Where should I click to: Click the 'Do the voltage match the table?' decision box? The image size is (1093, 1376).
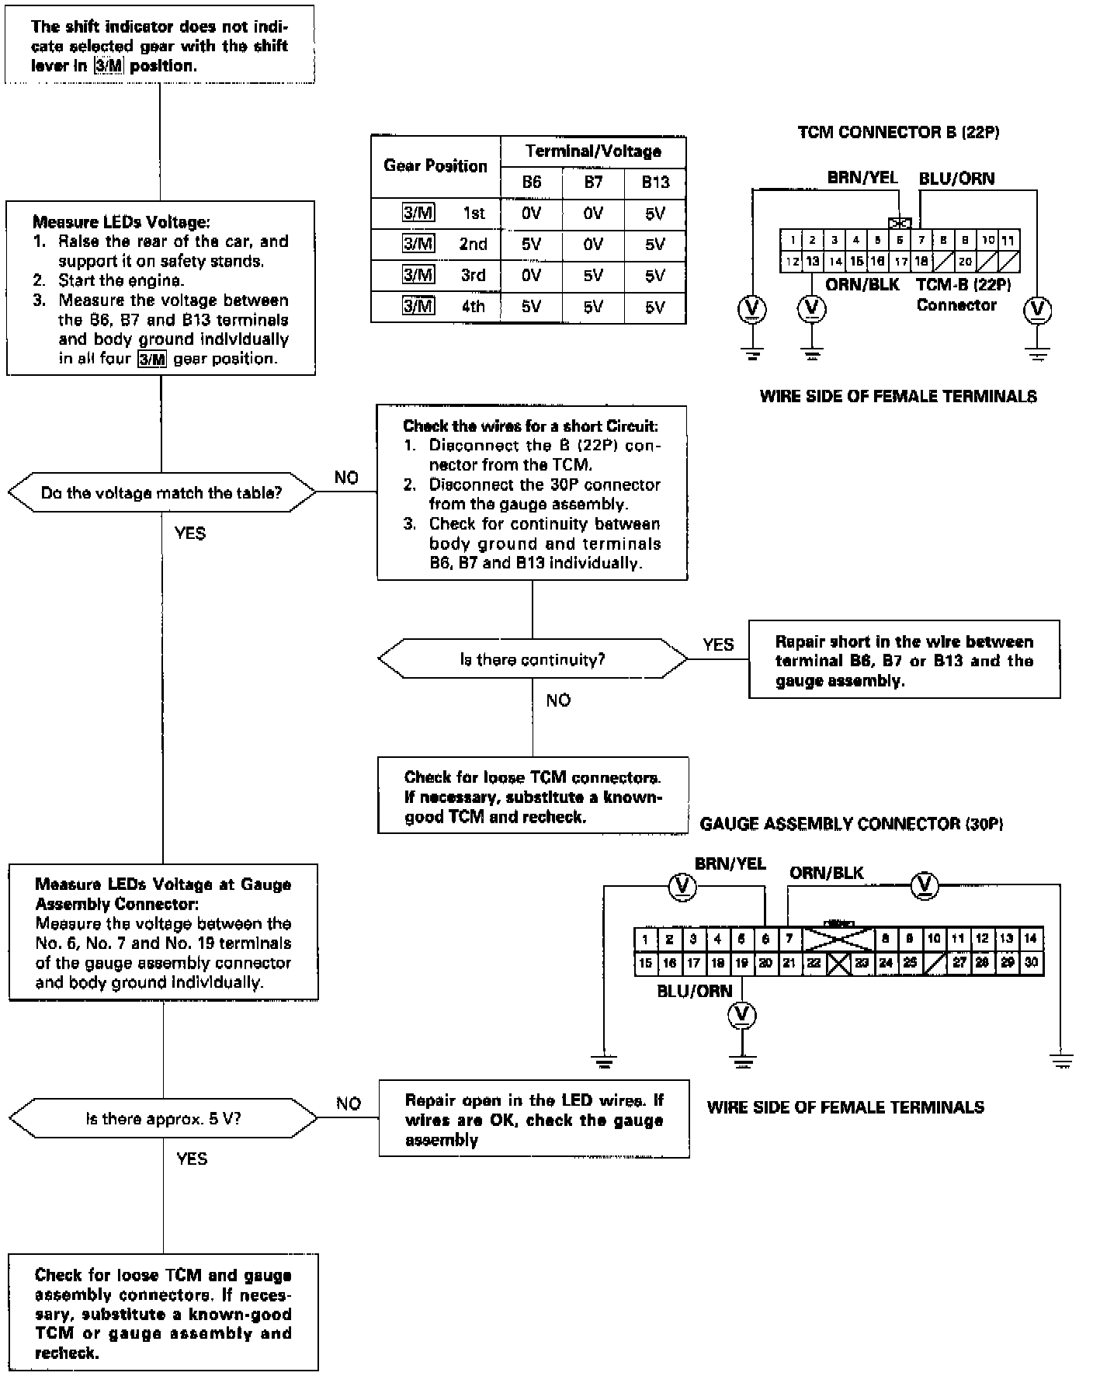pos(161,492)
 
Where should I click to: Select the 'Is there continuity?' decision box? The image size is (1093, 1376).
pos(533,659)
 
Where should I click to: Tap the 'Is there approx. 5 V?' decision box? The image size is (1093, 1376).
pos(163,1119)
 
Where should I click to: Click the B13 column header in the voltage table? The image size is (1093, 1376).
pos(655,182)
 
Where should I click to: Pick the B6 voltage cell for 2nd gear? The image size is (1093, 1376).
pos(531,245)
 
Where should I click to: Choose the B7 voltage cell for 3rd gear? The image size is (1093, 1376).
pos(593,276)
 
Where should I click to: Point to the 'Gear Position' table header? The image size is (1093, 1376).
pos(435,166)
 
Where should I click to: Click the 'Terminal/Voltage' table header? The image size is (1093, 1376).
pos(593,151)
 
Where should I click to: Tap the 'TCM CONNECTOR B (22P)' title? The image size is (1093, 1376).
pos(898,132)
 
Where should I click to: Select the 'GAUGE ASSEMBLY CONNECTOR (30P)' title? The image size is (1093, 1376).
pos(852,824)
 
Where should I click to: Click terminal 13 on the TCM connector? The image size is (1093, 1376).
pos(812,262)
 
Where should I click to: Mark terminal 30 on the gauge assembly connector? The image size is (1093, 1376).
pos(1031,963)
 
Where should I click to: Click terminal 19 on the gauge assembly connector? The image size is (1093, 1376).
pos(741,963)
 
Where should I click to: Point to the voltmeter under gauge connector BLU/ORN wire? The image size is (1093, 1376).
pos(743,1015)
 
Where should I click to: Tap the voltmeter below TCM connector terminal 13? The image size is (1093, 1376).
pos(812,308)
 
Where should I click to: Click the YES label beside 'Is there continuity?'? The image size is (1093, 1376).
pos(718,645)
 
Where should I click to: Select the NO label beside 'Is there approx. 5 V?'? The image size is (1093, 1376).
pos(349,1103)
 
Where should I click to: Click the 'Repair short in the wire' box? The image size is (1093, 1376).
pos(904,660)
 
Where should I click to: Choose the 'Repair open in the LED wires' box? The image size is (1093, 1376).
pos(534,1119)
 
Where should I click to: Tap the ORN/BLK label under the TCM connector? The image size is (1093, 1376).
pos(862,285)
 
